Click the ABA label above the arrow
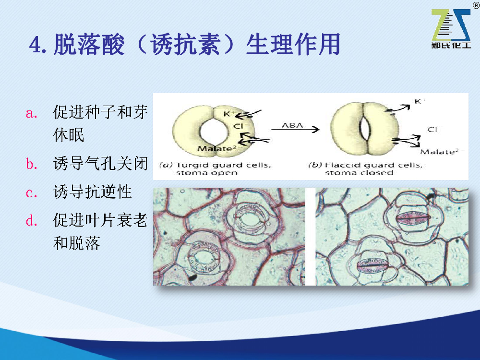click(x=292, y=125)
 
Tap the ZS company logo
click(x=451, y=28)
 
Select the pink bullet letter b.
click(x=32, y=164)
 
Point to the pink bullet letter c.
click(x=32, y=193)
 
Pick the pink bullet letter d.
click(x=32, y=220)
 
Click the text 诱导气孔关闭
click(x=100, y=163)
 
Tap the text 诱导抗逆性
click(x=93, y=192)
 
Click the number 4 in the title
click(x=35, y=45)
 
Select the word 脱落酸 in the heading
click(x=89, y=45)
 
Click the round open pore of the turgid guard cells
click(x=214, y=132)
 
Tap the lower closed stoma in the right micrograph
click(x=372, y=265)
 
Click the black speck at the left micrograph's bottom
click(x=192, y=277)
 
